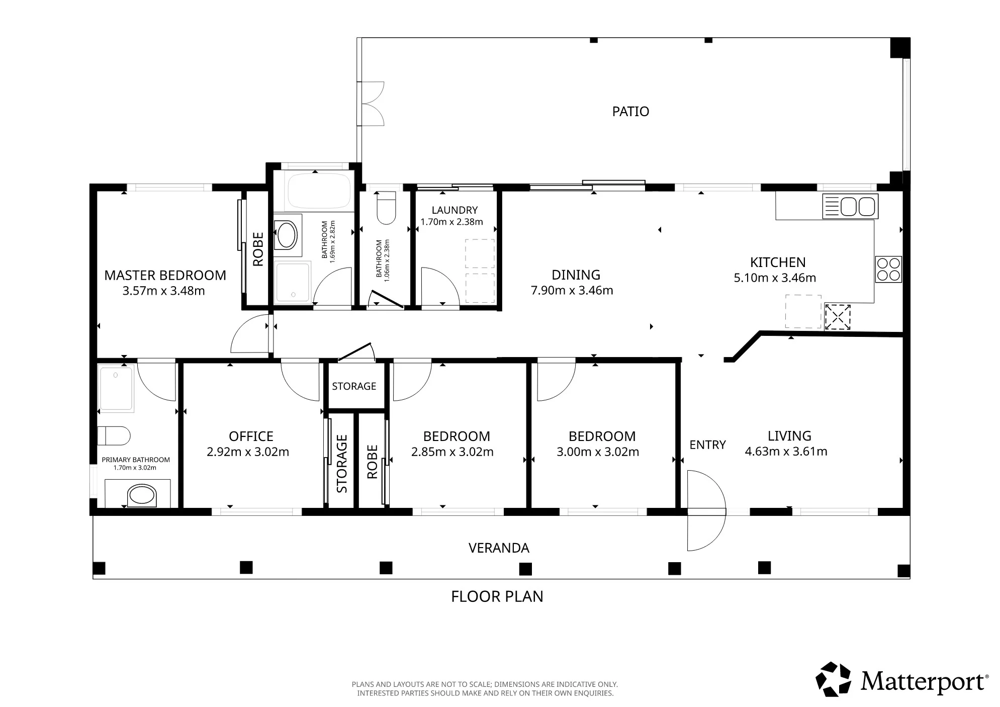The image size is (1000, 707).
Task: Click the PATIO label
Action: click(630, 111)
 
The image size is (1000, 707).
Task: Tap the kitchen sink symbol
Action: click(850, 206)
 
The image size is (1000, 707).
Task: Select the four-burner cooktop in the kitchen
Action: click(888, 269)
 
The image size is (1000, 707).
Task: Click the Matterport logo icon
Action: click(833, 679)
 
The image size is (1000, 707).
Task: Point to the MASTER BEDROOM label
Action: click(165, 275)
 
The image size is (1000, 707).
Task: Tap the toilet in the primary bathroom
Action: click(114, 435)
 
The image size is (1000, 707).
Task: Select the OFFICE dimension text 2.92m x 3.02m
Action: click(248, 452)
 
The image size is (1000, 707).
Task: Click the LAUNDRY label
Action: click(454, 210)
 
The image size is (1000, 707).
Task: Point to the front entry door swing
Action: click(706, 510)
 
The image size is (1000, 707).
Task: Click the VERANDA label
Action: click(499, 548)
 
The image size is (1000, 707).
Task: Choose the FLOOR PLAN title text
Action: click(497, 596)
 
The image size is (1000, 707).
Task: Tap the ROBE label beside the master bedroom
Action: click(258, 249)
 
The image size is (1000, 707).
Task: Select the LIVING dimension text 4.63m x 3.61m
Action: click(786, 451)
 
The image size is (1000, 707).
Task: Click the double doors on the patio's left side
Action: click(373, 104)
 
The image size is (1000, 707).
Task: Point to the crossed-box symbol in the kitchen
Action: click(838, 317)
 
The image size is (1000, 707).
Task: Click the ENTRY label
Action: click(707, 445)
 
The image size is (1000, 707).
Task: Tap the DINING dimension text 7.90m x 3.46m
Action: click(572, 290)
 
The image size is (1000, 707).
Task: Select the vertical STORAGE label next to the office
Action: click(342, 464)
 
